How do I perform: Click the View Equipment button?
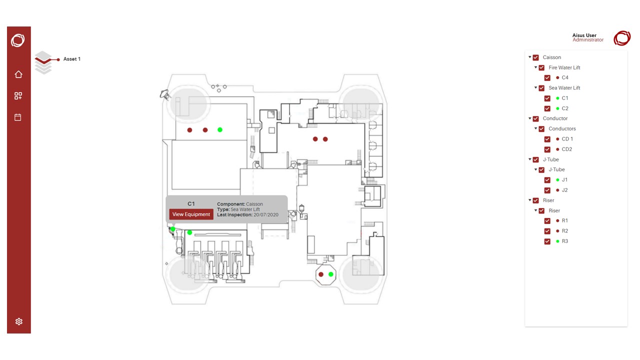191,214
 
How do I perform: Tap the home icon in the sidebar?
18,74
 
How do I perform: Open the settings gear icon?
19,321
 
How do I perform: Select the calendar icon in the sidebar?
18,117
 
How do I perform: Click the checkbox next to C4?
547,77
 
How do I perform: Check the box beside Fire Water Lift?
541,67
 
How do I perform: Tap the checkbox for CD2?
547,149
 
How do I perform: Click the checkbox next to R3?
547,241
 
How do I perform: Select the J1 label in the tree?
564,179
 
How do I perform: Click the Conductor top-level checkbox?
535,118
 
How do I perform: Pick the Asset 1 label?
72,59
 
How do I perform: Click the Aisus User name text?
584,35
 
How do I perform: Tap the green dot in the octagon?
331,274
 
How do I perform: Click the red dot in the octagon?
321,274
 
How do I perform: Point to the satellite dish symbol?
165,94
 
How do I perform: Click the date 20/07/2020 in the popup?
265,215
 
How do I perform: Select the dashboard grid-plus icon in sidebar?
18,95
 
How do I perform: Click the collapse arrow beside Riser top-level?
529,200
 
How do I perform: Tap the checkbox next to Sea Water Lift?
541,88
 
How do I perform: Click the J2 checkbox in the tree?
547,190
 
